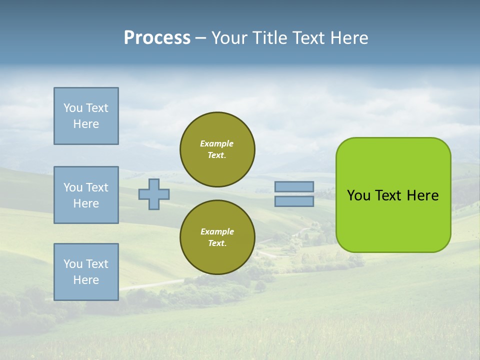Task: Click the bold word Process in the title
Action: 157,38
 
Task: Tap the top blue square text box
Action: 86,116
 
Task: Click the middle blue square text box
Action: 86,195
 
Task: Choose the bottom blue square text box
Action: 86,272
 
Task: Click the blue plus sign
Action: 153,194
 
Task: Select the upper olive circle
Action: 217,149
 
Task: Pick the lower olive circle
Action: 217,237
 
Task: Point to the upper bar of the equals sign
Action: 294,187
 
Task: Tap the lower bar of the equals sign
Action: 294,201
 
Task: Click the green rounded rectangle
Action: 393,195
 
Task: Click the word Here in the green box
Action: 422,195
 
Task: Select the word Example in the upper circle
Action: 217,143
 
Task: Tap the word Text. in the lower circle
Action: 217,243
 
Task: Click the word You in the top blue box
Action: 73,108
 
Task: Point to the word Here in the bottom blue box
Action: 86,280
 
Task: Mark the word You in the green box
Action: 358,195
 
